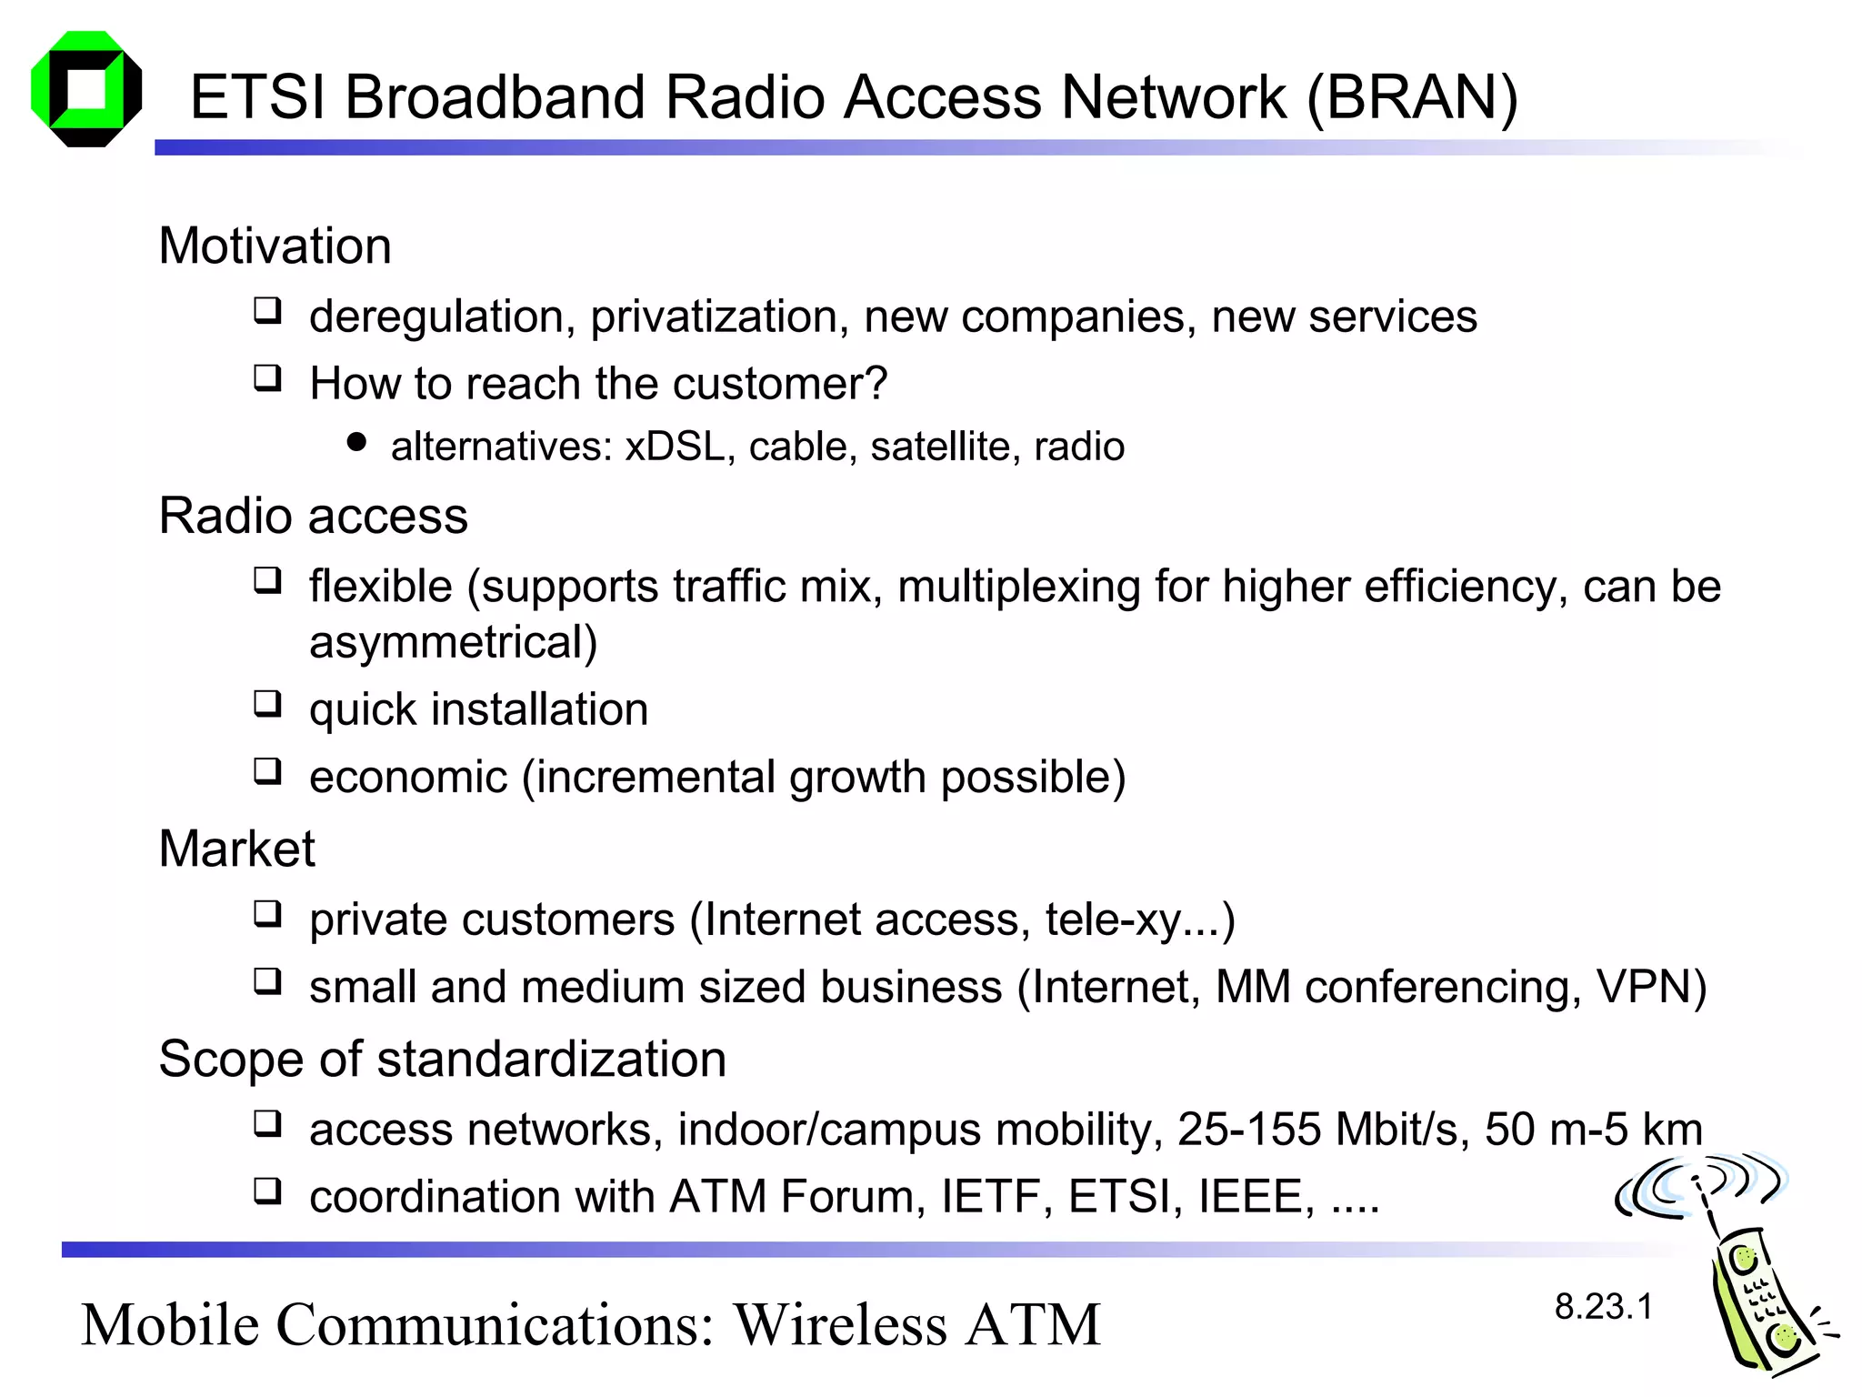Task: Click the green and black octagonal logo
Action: (x=86, y=89)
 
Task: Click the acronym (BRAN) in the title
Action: (x=1412, y=97)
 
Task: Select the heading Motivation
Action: (x=275, y=246)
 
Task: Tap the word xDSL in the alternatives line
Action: (x=675, y=447)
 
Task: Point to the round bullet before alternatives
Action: (x=357, y=443)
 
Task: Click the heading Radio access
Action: (x=313, y=516)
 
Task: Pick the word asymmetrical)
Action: (x=453, y=642)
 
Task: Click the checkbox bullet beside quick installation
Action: (x=267, y=703)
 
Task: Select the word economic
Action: (x=407, y=777)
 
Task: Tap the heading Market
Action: (x=236, y=849)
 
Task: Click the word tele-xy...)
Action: (x=1140, y=920)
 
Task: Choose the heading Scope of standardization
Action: (x=442, y=1059)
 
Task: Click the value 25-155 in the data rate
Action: (x=1248, y=1130)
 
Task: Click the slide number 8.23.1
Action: (x=1603, y=1307)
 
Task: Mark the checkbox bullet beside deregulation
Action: (x=267, y=311)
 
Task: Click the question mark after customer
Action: (x=876, y=383)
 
